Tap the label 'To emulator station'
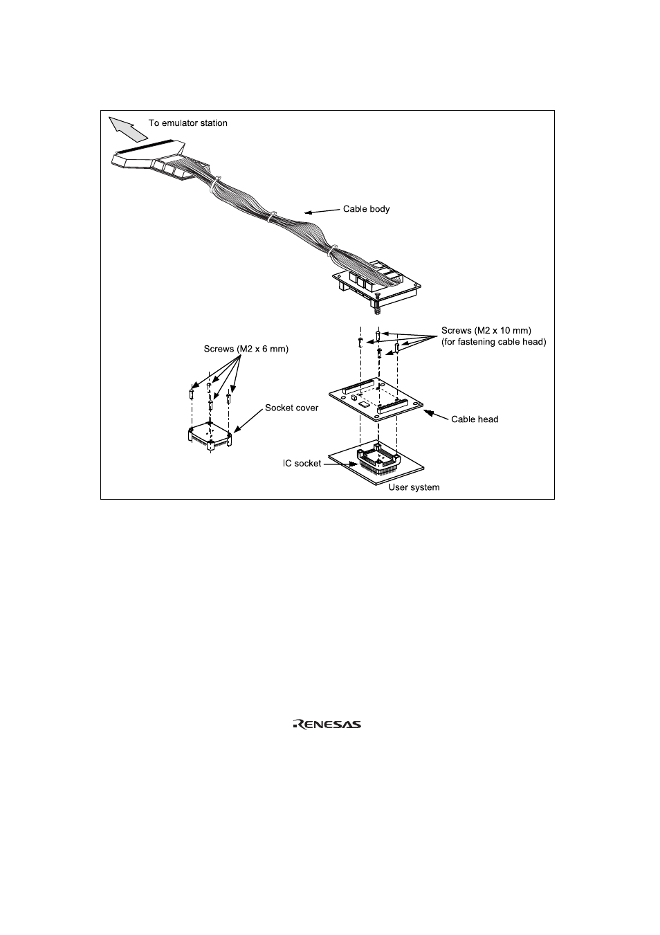tap(188, 123)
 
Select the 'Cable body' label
tap(366, 209)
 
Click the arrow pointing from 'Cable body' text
tap(321, 210)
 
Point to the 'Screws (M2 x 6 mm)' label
tap(246, 349)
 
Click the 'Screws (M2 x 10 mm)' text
tap(486, 331)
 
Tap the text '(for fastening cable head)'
tap(493, 342)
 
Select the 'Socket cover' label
tap(291, 408)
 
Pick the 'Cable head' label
tap(475, 419)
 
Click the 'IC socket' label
tap(302, 463)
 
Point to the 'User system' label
tap(414, 487)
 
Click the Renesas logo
tap(327, 725)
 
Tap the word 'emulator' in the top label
tap(179, 123)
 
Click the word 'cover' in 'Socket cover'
tap(305, 408)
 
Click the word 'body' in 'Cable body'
tap(379, 209)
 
